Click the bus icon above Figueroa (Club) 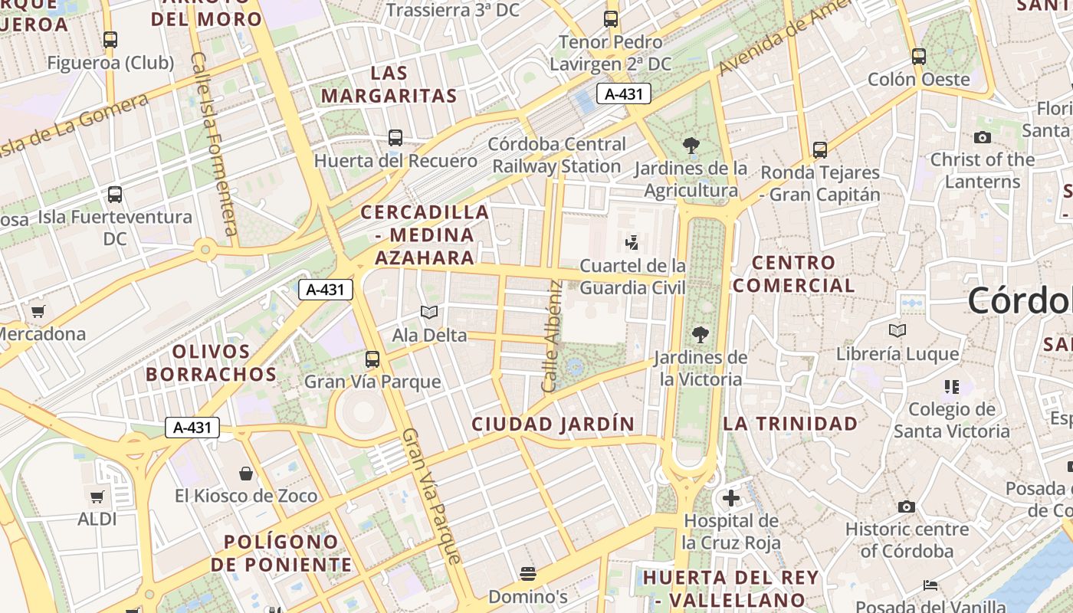pos(110,39)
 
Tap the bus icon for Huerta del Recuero pos(395,138)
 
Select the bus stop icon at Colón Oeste pos(919,56)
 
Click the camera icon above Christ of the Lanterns pos(982,138)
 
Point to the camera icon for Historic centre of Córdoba pos(907,506)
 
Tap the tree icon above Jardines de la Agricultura pos(691,146)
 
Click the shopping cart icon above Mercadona pos(38,311)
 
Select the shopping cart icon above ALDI pos(97,497)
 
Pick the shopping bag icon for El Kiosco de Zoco pos(246,474)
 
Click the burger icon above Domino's pos(527,573)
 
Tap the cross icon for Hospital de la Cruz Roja pos(731,498)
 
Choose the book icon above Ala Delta pos(429,313)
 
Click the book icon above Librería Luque pos(897,331)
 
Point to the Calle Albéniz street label pos(553,336)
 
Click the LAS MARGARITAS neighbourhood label pos(389,84)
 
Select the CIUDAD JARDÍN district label pos(553,424)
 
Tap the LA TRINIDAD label pos(790,424)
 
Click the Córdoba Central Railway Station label pos(557,155)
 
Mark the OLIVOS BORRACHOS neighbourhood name pos(211,363)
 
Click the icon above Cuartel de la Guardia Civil pos(632,244)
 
